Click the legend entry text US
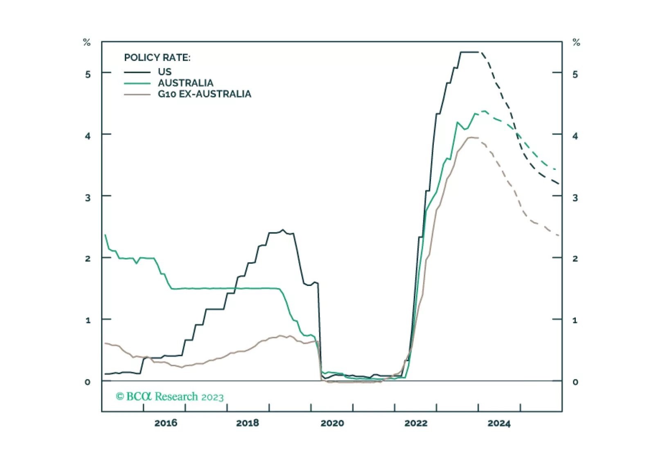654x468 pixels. [x=165, y=72]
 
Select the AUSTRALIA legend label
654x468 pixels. [x=185, y=83]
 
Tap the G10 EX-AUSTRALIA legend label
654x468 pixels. [x=204, y=94]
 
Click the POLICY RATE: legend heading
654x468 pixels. [x=157, y=58]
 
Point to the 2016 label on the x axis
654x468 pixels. [x=166, y=423]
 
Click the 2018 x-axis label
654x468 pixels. [x=247, y=423]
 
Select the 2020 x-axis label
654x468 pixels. [x=332, y=423]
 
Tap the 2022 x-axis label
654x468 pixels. [x=416, y=423]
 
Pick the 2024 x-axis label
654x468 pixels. [x=499, y=423]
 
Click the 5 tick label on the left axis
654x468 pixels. [x=88, y=74]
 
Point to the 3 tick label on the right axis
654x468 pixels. [x=575, y=198]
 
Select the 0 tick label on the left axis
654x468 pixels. [x=88, y=382]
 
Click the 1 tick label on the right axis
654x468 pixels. [x=575, y=320]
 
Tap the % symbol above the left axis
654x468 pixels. [x=87, y=43]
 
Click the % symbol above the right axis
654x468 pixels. [x=576, y=43]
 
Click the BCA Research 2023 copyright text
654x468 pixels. [x=169, y=396]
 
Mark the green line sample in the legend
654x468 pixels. [x=137, y=83]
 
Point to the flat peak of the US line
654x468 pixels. [x=469, y=52]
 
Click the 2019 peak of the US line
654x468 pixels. [x=282, y=230]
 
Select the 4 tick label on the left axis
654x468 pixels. [x=88, y=136]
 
